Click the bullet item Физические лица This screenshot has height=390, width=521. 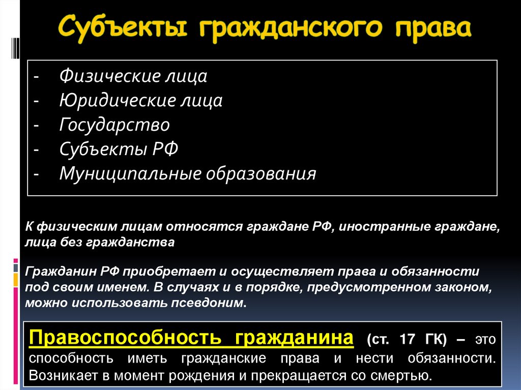(133, 76)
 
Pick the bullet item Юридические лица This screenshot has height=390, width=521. (141, 100)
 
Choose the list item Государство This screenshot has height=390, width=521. (114, 125)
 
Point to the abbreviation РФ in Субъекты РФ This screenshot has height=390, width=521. (165, 149)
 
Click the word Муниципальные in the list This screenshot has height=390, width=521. (130, 173)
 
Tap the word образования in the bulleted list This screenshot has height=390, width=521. (260, 173)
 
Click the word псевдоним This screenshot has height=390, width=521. (209, 304)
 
